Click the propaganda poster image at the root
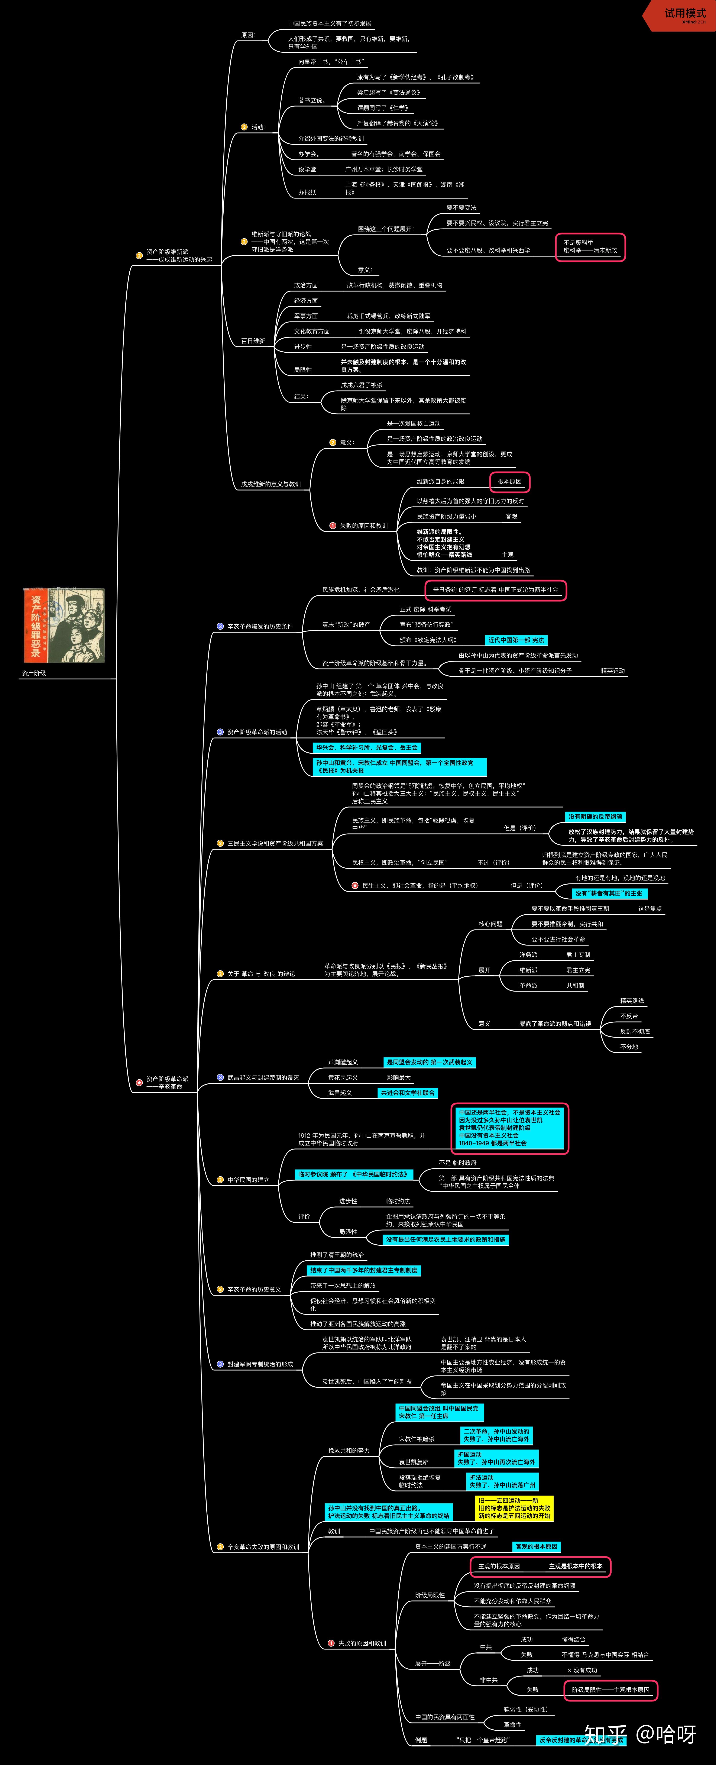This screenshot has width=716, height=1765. point(64,625)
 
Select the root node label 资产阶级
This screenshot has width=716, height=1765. point(34,673)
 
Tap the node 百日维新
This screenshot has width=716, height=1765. point(253,340)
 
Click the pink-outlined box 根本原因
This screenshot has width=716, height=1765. point(510,482)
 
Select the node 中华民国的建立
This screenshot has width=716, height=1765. point(248,1180)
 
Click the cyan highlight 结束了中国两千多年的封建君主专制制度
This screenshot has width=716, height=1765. point(364,1270)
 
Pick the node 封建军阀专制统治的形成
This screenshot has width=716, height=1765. point(260,1364)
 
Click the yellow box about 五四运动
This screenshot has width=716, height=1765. point(514,1508)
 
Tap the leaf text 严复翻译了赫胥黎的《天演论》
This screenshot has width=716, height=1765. point(397,123)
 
